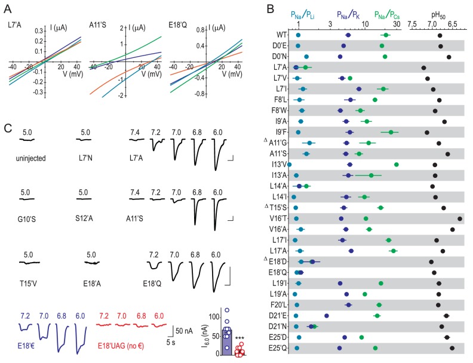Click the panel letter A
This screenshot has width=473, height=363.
click(7, 8)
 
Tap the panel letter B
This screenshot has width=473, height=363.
click(270, 8)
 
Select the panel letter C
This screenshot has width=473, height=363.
click(7, 128)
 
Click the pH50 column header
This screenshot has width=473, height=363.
click(440, 13)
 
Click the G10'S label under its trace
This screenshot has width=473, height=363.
click(27, 210)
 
